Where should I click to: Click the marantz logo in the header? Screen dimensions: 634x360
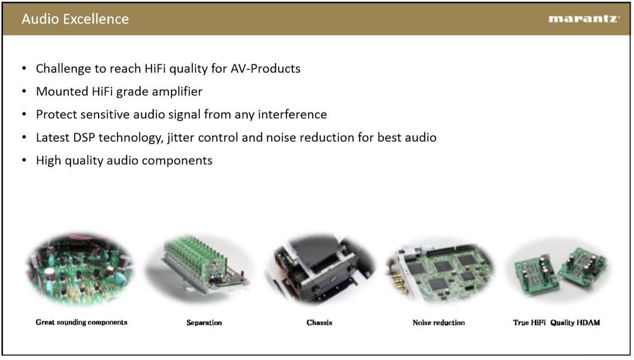coord(584,19)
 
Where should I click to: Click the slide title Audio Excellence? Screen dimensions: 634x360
coord(75,19)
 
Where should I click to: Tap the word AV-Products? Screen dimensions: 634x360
coord(265,68)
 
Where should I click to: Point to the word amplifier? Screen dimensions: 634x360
coord(177,92)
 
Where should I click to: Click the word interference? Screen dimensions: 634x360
coord(292,114)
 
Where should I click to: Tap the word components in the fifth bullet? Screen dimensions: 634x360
coord(177,161)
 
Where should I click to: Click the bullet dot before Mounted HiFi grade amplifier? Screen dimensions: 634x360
coord(24,91)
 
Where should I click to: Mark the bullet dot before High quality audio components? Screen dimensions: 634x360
coord(24,160)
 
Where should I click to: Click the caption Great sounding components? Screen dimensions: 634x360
coord(82,322)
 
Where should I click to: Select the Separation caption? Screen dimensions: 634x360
coord(204,323)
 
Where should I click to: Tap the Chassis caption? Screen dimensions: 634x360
coord(319,323)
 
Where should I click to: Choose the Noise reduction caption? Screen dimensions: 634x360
coord(439,323)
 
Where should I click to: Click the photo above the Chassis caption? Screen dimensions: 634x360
coord(320,269)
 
